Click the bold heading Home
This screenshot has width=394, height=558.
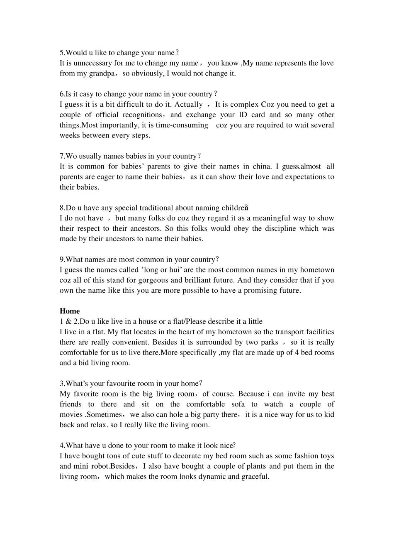(70, 311)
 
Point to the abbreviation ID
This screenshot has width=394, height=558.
(243, 115)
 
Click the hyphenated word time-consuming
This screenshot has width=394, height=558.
(182, 125)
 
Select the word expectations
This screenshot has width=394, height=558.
(306, 177)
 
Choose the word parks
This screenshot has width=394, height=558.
(270, 342)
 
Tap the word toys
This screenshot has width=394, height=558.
(327, 456)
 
